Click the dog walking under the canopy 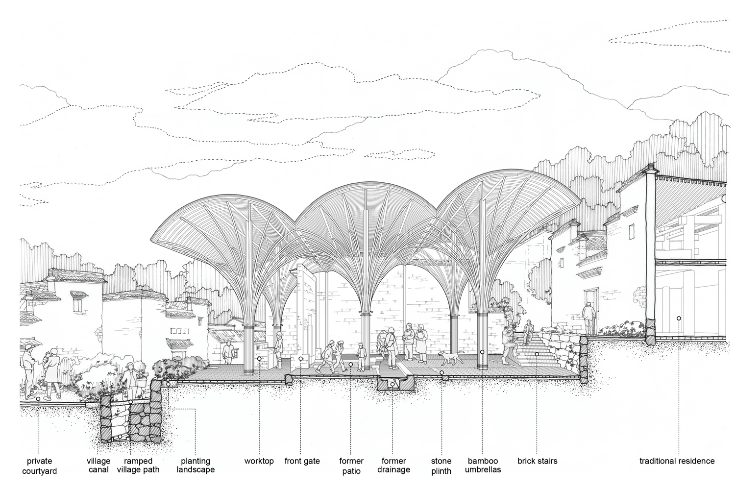coord(452,358)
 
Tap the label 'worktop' coord(259,461)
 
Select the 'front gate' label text coord(302,461)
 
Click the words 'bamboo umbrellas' coord(483,465)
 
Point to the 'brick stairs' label coord(537,461)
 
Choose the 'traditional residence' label coord(677,461)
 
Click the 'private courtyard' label coord(39,466)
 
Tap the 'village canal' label coord(98,465)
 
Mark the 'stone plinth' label coord(441,466)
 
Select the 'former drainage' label coord(393,465)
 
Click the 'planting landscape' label coord(196,465)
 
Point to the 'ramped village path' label coord(138,465)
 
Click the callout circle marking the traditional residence coord(679,318)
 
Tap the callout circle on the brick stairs coord(537,354)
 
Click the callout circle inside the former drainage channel coord(393,384)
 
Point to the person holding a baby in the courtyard coord(52,373)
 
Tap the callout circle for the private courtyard coord(38,399)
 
